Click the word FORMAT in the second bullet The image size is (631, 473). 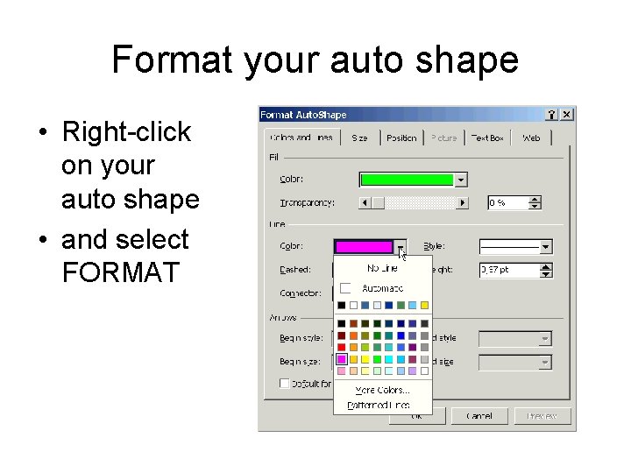(121, 272)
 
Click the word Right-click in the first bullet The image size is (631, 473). (126, 132)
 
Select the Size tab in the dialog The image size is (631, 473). (359, 138)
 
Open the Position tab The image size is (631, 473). (401, 138)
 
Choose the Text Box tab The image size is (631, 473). (487, 138)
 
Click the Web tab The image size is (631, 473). (531, 138)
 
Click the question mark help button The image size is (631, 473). (551, 115)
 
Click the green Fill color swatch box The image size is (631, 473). (408, 180)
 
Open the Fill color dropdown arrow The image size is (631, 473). (461, 180)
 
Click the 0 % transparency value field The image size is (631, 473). (507, 202)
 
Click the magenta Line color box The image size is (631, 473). (364, 247)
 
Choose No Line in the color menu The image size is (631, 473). (382, 269)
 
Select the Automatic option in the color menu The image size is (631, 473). (382, 288)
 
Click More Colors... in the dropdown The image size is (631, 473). (382, 390)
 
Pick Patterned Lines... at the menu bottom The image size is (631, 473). (378, 405)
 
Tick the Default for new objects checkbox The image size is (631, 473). (285, 384)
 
